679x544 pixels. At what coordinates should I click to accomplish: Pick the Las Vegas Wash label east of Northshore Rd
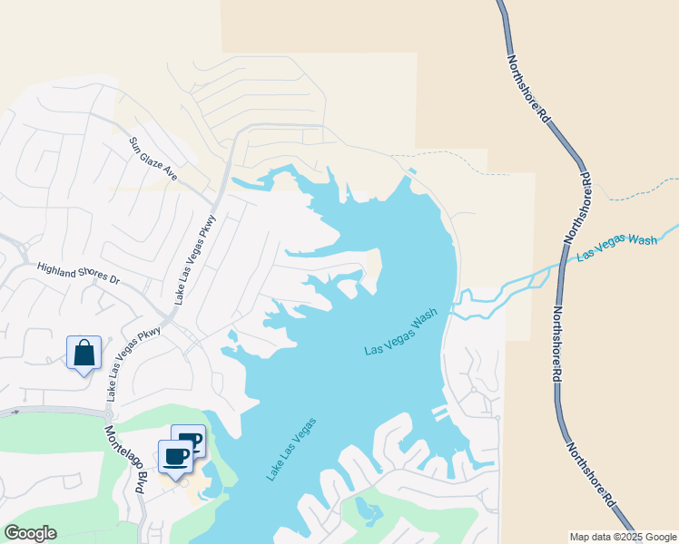[616, 247]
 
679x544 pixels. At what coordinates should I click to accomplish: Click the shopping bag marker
[84, 353]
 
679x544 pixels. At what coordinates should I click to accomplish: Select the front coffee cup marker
[176, 455]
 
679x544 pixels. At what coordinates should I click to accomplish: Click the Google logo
[30, 533]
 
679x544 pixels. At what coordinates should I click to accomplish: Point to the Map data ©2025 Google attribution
[623, 537]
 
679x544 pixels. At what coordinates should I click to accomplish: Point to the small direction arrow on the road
[15, 412]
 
